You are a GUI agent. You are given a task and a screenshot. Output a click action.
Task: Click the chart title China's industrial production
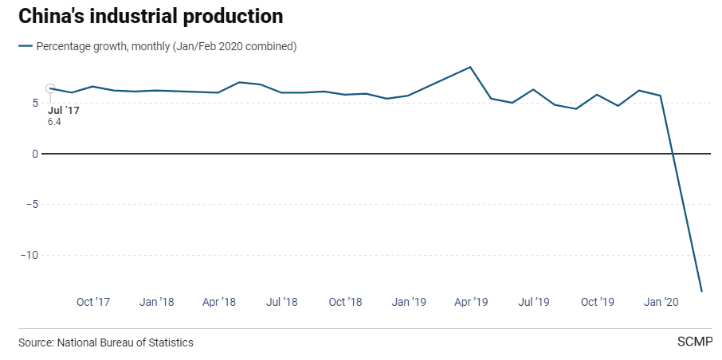click(x=151, y=16)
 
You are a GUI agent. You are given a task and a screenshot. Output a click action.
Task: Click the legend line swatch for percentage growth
click(x=26, y=46)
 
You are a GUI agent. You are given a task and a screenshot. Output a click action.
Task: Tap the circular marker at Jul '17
click(x=50, y=88)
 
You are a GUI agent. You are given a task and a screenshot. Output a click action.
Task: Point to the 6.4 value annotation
click(x=54, y=122)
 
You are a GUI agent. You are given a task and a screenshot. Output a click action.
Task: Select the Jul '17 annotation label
click(x=64, y=110)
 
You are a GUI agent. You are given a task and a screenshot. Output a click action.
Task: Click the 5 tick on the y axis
click(x=35, y=103)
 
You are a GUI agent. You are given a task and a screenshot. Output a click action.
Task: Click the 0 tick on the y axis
click(x=35, y=154)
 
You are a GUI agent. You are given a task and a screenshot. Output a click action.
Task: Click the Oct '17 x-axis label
click(x=93, y=303)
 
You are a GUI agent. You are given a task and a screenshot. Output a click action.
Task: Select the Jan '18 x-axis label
click(x=156, y=303)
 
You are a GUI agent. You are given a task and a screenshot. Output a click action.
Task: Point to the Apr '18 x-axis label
click(x=219, y=303)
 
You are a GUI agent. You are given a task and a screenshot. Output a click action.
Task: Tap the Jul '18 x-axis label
click(x=281, y=303)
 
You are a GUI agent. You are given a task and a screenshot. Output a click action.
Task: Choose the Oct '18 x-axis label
click(x=345, y=303)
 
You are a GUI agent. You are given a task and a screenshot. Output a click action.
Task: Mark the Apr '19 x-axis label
click(x=471, y=303)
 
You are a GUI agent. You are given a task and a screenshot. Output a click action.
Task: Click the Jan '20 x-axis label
click(x=661, y=303)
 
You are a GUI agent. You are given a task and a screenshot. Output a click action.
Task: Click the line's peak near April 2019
click(x=471, y=67)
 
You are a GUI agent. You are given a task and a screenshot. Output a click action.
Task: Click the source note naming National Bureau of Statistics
click(x=106, y=342)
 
